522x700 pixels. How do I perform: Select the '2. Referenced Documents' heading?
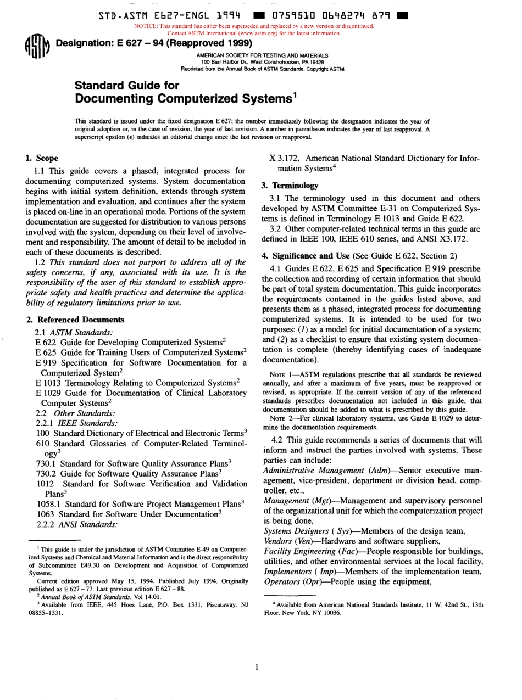click(x=75, y=319)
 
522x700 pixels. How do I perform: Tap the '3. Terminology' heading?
click(x=286, y=186)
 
